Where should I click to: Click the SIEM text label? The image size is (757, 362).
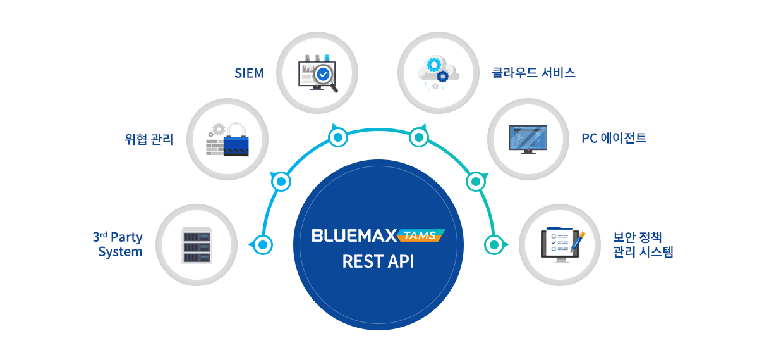click(248, 73)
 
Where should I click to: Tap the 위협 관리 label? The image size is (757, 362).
click(148, 139)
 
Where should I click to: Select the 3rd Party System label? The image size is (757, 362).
click(118, 244)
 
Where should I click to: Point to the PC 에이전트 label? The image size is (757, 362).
click(614, 137)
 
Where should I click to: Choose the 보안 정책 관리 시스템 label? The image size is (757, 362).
click(643, 244)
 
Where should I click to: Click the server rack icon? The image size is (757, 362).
click(195, 244)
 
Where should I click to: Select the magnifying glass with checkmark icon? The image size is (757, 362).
click(324, 75)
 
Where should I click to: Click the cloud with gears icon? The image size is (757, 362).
click(437, 71)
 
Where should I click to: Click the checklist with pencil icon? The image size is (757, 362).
click(562, 244)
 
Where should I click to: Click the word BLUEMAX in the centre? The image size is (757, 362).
click(354, 236)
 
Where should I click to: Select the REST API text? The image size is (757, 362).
click(378, 261)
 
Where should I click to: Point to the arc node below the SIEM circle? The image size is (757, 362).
click(337, 137)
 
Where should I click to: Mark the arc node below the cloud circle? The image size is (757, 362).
click(418, 137)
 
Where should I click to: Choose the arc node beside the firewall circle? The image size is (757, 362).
click(281, 182)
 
